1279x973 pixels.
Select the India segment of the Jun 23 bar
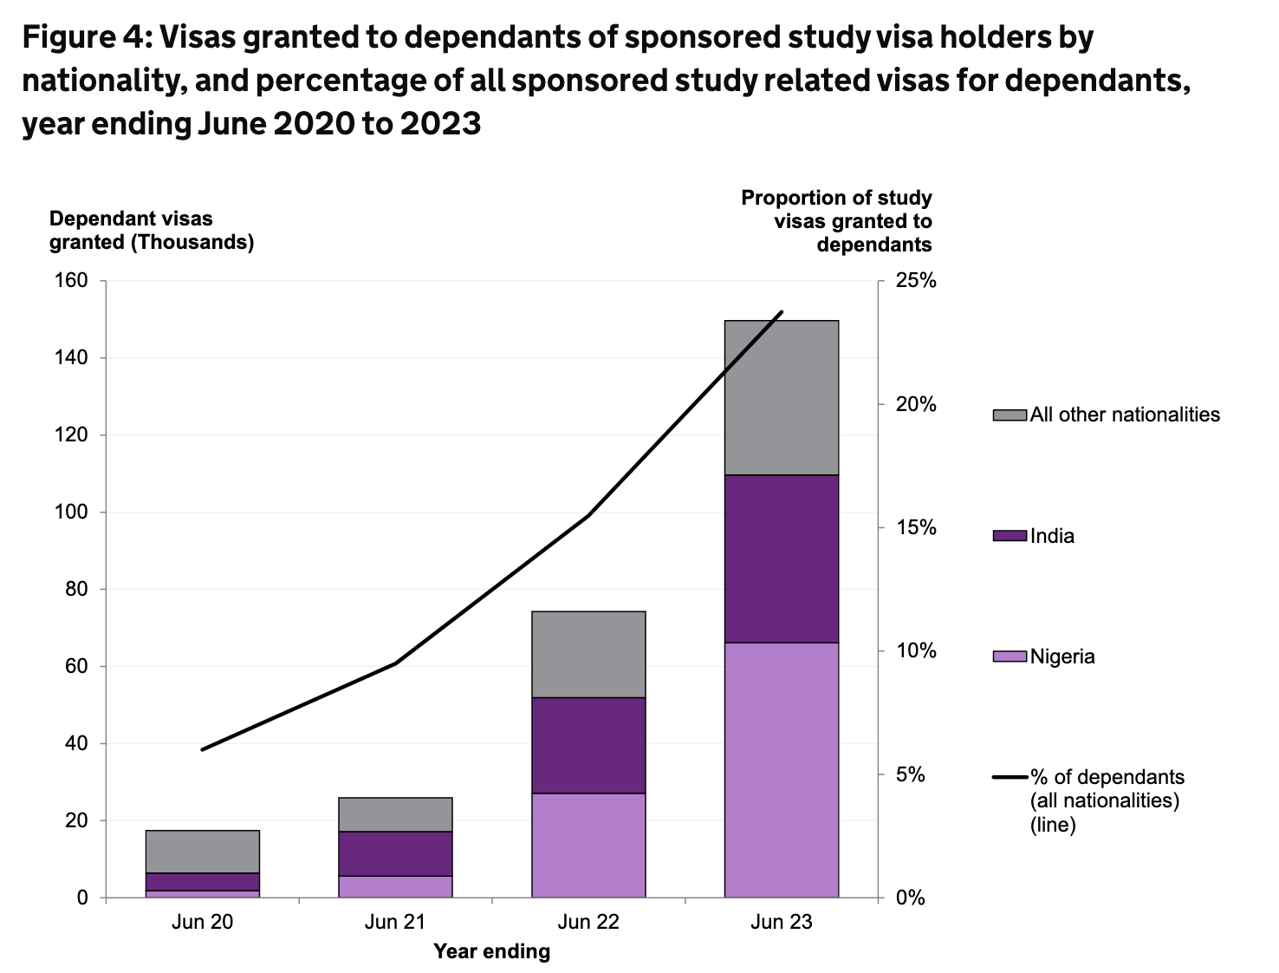click(781, 558)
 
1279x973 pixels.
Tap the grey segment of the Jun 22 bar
click(588, 654)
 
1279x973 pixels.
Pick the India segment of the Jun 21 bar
click(395, 853)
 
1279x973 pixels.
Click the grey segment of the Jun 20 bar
click(202, 852)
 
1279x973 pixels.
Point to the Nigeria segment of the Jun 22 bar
click(588, 845)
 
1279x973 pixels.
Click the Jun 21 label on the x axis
click(395, 921)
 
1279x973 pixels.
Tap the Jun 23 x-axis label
click(781, 921)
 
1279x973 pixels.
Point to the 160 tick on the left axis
click(72, 280)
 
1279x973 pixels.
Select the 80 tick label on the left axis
click(77, 589)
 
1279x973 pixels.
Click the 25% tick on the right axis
click(916, 280)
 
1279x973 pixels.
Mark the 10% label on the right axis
click(916, 650)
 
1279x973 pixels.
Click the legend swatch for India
click(1010, 536)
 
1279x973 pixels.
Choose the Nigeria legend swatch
click(1010, 656)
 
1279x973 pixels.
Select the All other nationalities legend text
click(1124, 415)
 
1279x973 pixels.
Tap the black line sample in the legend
click(1010, 777)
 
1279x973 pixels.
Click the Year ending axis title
click(491, 951)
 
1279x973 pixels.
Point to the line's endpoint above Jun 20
click(202, 749)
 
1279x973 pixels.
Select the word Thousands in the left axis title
click(192, 242)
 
